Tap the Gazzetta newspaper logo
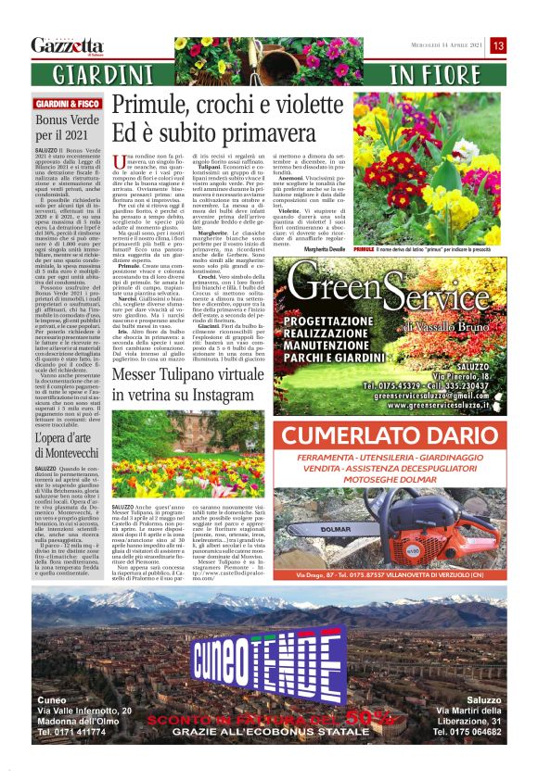(x=67, y=45)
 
